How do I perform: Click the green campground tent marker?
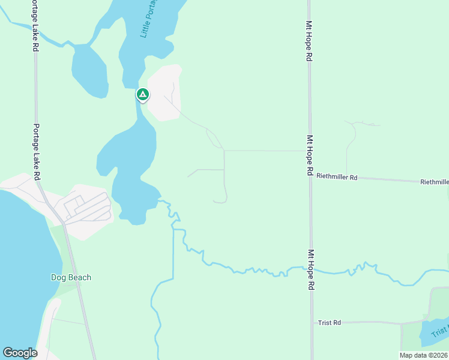point(142,95)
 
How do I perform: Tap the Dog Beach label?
point(71,277)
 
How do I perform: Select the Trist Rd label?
point(330,323)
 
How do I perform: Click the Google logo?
point(20,352)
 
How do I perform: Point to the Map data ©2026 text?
point(424,355)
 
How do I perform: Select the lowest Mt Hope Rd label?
point(310,270)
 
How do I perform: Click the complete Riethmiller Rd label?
point(337,178)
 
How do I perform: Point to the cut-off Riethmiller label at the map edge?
point(435,182)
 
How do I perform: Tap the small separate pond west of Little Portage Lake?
point(89,70)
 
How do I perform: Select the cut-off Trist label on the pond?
point(440,331)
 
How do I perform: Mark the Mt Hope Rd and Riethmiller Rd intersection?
point(310,176)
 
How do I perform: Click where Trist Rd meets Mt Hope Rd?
point(311,323)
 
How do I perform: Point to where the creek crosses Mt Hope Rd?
point(310,269)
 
